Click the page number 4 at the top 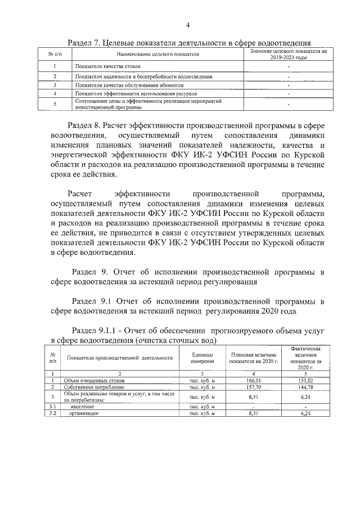point(188,25)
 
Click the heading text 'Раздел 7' point(83,42)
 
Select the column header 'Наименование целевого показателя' point(158,55)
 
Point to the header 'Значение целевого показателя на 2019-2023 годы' point(288,55)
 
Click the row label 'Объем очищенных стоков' point(94,381)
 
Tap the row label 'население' point(82,406)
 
